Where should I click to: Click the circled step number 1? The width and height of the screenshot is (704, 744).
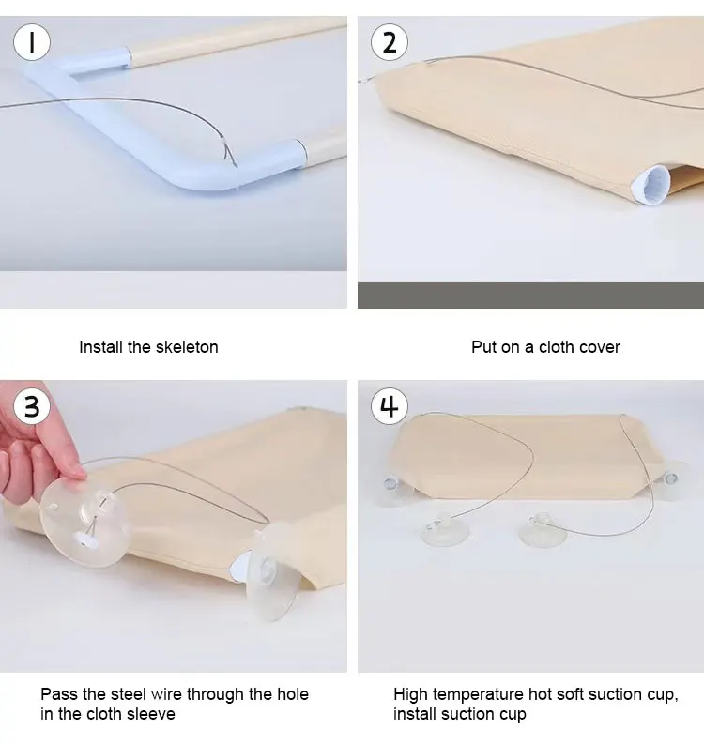click(x=31, y=42)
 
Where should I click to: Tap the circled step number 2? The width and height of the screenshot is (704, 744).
click(x=389, y=42)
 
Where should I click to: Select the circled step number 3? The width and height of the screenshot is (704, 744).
click(x=31, y=406)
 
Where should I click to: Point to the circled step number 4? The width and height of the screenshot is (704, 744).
click(x=390, y=406)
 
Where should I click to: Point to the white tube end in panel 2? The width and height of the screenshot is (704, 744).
click(x=650, y=186)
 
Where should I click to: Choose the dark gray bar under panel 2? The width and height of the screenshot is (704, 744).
click(x=530, y=296)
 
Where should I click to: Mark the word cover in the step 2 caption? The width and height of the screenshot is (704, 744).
click(x=602, y=347)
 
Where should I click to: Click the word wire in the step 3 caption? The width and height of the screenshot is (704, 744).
click(x=166, y=694)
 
